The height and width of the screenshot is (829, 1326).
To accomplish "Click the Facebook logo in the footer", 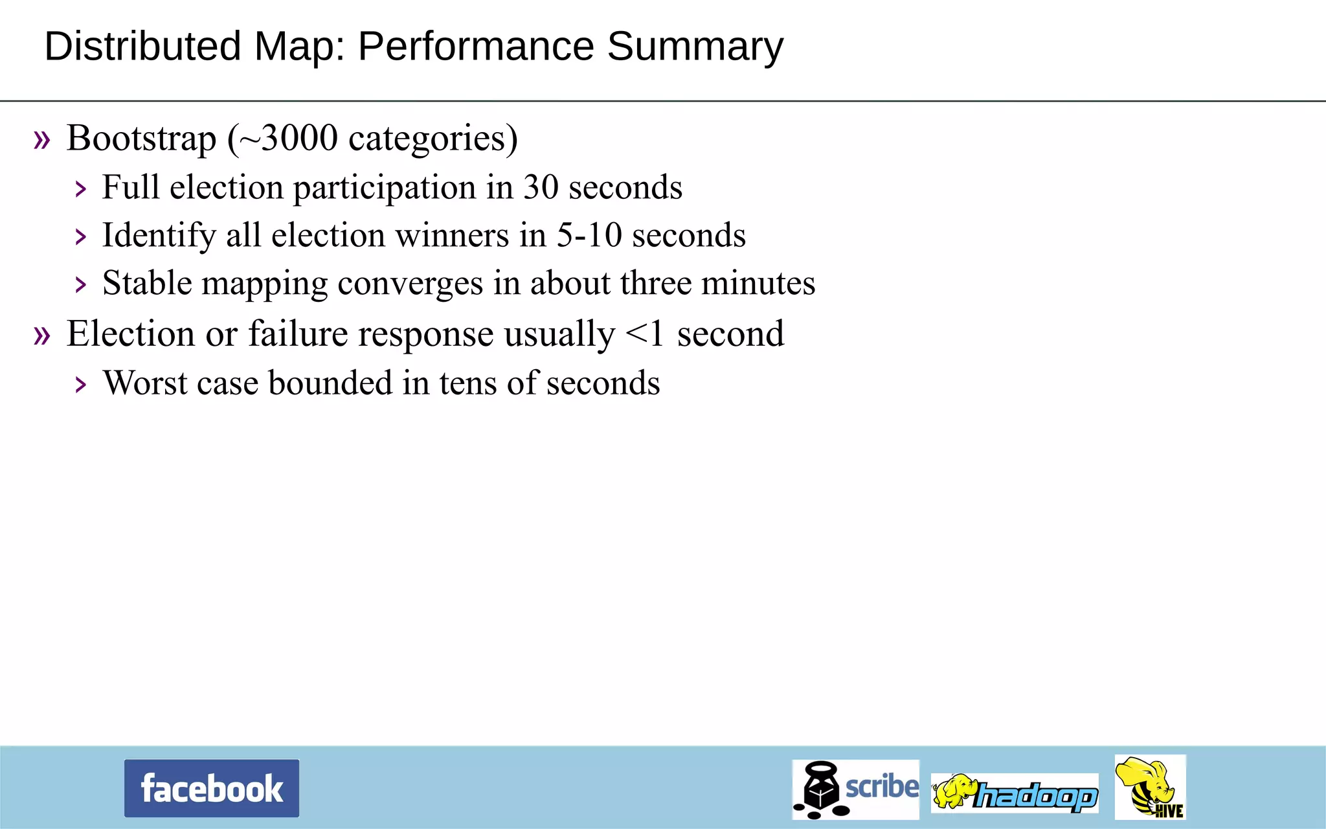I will click(212, 788).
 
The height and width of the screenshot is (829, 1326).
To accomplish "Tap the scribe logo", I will click(855, 789).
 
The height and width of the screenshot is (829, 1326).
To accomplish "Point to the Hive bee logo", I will click(1150, 787).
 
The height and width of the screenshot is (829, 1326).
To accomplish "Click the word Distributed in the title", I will click(142, 47).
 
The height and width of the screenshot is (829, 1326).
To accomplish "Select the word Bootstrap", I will click(141, 139).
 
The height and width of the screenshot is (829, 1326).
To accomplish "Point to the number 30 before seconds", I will click(541, 187).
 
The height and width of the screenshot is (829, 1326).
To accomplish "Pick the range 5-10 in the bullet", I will click(589, 235).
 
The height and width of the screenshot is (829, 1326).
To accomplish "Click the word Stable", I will click(147, 283).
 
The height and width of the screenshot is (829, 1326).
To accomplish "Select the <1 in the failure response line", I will click(645, 334).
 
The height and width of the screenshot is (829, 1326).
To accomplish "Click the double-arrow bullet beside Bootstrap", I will click(42, 139).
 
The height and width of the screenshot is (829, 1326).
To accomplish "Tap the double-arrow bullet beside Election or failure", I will click(42, 335).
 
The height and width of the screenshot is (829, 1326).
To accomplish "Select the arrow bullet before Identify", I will click(80, 236).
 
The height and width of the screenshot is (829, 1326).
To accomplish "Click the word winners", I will click(452, 235).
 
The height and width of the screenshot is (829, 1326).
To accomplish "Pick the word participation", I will click(385, 188).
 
